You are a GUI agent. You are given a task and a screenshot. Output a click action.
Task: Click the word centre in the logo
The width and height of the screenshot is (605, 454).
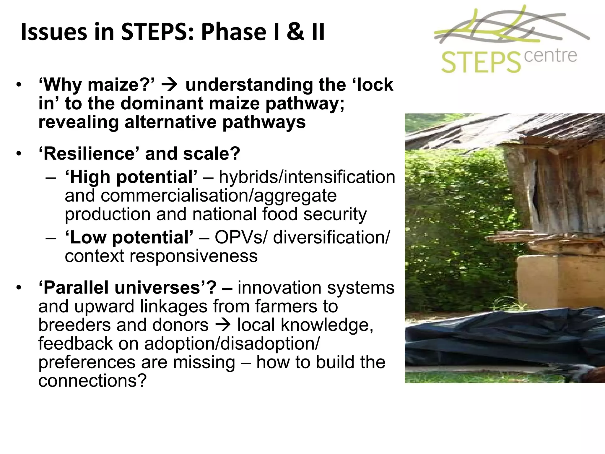[x=550, y=56]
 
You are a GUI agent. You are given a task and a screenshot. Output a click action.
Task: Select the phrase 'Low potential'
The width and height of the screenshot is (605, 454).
[x=129, y=237]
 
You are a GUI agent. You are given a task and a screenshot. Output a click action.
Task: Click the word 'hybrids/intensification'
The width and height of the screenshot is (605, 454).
[x=307, y=177]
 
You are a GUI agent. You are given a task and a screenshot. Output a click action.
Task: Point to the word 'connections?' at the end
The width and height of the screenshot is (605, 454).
[x=92, y=381]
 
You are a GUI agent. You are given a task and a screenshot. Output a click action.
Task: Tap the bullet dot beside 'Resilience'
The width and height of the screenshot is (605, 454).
[x=19, y=154]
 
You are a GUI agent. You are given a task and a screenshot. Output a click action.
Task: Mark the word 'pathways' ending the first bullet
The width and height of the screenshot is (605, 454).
[x=264, y=122]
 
